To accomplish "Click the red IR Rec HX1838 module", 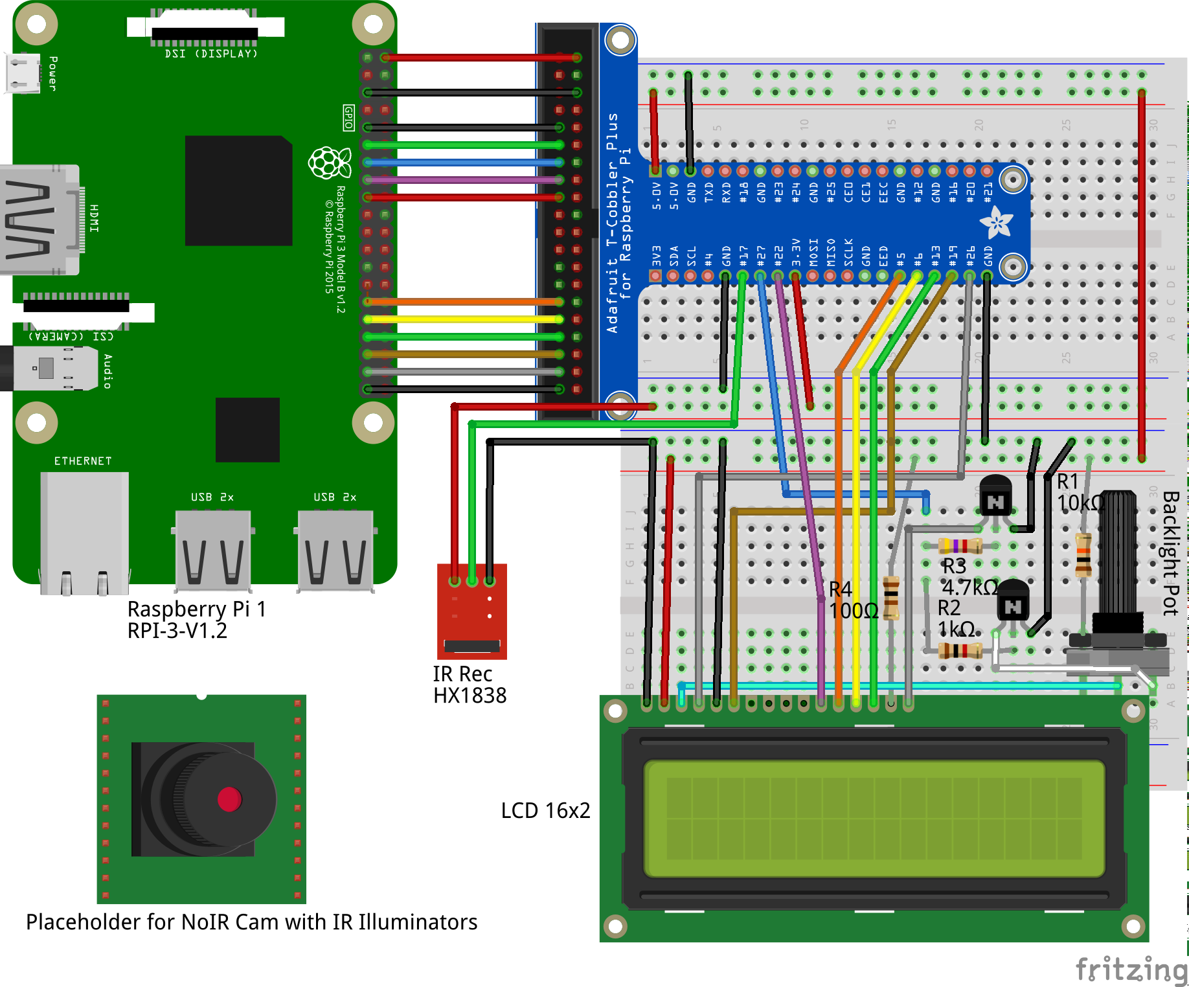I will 471,612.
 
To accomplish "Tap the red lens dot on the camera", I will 229,799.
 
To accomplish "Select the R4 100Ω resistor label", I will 852,600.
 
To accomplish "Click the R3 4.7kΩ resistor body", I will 960,545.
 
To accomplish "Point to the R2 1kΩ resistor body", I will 960,650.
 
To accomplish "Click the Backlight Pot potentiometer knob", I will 1118,557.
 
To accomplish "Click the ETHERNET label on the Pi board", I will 83,461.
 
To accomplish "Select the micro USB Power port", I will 23,73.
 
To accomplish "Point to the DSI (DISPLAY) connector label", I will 211,54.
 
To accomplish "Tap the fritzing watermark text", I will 1131,970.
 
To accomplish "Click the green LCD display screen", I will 874,819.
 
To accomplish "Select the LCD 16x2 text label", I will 545,811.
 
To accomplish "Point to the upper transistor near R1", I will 995,496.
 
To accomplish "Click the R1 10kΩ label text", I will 1078,492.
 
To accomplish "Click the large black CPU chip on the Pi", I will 238,190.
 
